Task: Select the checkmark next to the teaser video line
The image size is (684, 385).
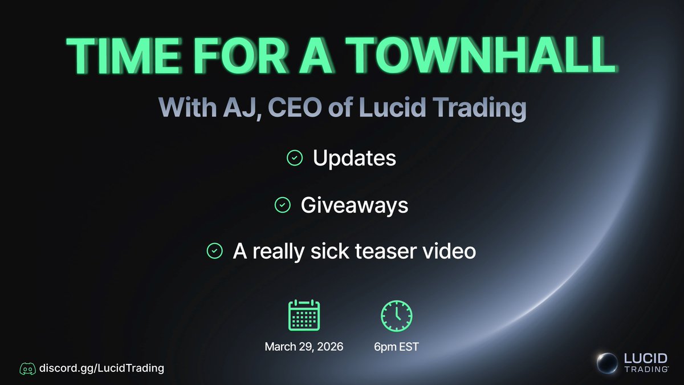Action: [x=214, y=251]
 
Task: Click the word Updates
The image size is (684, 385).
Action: [x=354, y=158]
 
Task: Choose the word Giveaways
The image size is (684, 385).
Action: [x=354, y=205]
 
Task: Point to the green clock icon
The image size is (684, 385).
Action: [x=396, y=315]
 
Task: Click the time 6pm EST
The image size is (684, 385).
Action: [x=396, y=347]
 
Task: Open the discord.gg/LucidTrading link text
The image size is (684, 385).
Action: [x=101, y=368]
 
